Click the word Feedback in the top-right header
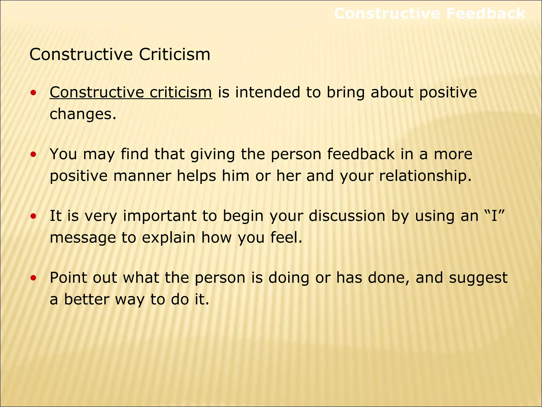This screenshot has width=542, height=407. pyautogui.click(x=485, y=14)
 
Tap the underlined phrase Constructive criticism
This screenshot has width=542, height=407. pyautogui.click(x=131, y=92)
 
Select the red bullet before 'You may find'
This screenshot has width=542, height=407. pyautogui.click(x=33, y=154)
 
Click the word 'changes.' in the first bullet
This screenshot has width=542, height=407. pyautogui.click(x=83, y=114)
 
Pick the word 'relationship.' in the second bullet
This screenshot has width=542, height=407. pyautogui.click(x=425, y=176)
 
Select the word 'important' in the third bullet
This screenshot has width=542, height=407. pyautogui.click(x=160, y=216)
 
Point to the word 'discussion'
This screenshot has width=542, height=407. pyautogui.click(x=347, y=216)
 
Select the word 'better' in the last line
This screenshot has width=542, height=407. pyautogui.click(x=87, y=299)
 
